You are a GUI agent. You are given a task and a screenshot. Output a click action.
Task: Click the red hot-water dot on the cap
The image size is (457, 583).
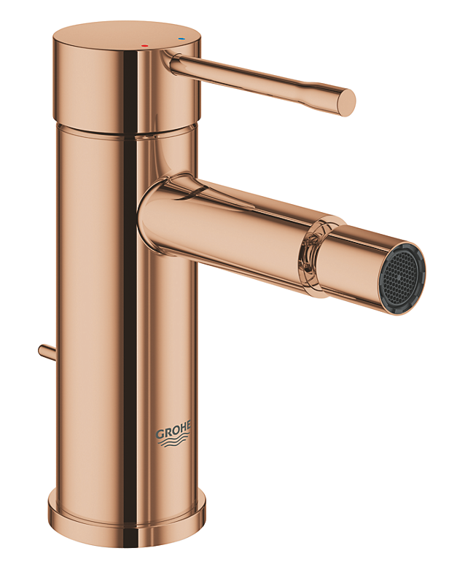pos(144,45)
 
